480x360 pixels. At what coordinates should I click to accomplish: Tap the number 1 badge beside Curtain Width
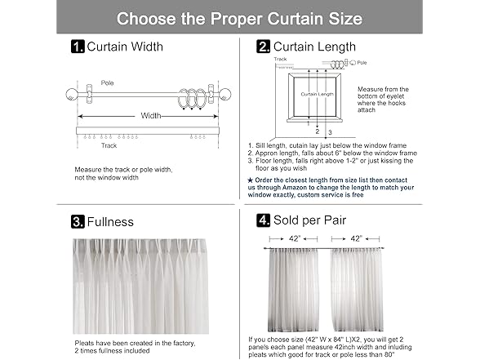click(78, 47)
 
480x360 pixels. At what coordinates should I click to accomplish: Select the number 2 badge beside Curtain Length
click(263, 47)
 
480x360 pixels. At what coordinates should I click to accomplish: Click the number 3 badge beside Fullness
click(78, 221)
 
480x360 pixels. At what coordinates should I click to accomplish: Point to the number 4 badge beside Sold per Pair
click(263, 220)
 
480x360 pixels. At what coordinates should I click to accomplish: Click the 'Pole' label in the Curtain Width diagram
click(108, 83)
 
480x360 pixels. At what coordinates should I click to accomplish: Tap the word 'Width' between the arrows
click(151, 116)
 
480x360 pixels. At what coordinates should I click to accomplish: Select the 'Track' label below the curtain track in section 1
click(109, 146)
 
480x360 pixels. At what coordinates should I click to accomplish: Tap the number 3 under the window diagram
click(330, 131)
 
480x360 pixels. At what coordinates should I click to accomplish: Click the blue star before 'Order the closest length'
click(250, 178)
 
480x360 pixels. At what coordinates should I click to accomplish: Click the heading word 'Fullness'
click(110, 221)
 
